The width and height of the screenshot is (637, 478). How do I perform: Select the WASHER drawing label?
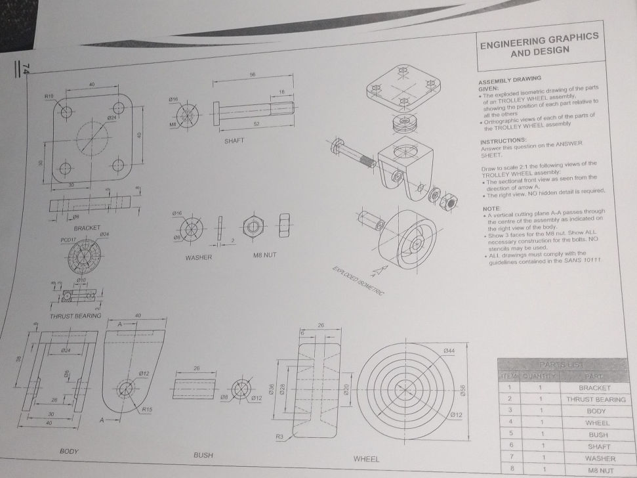(x=198, y=258)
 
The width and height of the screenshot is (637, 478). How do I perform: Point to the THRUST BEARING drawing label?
(x=75, y=316)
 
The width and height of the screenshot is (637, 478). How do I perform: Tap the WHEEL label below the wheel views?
(x=367, y=458)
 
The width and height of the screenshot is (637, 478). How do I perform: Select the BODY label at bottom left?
(x=70, y=452)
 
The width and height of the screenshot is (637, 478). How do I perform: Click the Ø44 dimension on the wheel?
(x=449, y=351)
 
